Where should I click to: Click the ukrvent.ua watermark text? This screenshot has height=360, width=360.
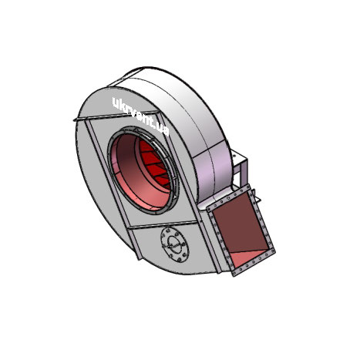coord(141,116)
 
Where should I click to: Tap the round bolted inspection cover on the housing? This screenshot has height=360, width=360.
coord(175,244)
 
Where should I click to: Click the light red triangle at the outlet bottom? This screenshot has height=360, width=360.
coord(247,257)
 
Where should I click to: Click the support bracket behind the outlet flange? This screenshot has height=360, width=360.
coord(241,168)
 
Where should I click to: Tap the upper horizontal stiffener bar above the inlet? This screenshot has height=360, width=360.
coord(116,116)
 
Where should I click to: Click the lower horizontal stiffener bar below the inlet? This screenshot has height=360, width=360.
coord(164,224)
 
